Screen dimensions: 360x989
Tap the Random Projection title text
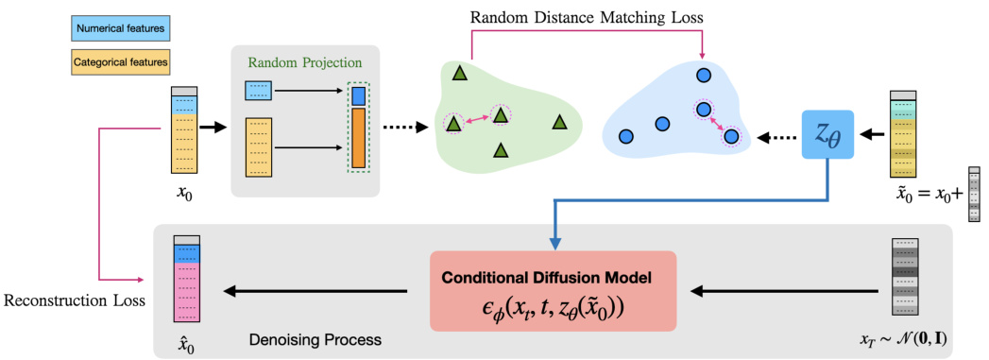click(304, 64)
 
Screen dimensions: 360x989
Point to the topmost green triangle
click(460, 73)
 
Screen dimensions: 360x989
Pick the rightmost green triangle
click(560, 121)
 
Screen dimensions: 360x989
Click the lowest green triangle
click(500, 150)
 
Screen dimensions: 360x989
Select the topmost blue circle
click(703, 75)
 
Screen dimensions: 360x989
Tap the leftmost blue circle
click(624, 137)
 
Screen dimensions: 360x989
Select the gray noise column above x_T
click(905, 279)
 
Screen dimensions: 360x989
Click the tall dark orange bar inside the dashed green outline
click(358, 139)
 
